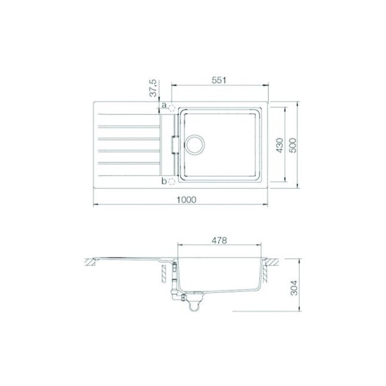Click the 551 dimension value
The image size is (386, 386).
tap(219, 80)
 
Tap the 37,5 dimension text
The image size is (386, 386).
tap(153, 88)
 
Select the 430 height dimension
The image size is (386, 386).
tap(280, 145)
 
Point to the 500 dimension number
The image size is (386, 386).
tap(293, 145)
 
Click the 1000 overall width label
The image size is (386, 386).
tap(186, 200)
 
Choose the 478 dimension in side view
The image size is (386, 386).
tap(219, 240)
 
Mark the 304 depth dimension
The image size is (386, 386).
tap(294, 288)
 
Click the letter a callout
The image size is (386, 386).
tap(164, 105)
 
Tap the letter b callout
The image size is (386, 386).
tap(164, 182)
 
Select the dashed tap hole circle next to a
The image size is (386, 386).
tap(172, 108)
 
